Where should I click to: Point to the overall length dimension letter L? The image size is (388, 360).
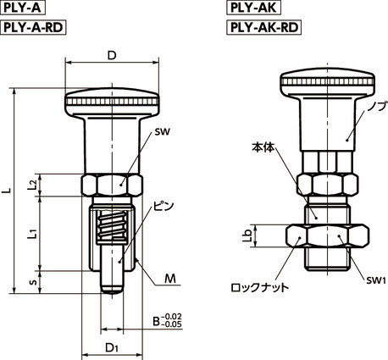click(7, 192)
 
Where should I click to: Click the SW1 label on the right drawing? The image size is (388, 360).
click(375, 280)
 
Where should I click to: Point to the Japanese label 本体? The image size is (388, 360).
click(265, 146)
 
